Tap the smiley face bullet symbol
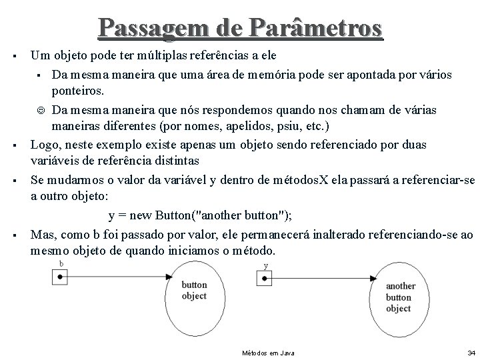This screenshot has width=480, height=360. [x=43, y=109]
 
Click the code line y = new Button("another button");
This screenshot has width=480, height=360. [x=200, y=215]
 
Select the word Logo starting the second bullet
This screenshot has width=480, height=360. [x=43, y=145]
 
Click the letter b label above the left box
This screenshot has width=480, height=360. [x=61, y=264]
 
